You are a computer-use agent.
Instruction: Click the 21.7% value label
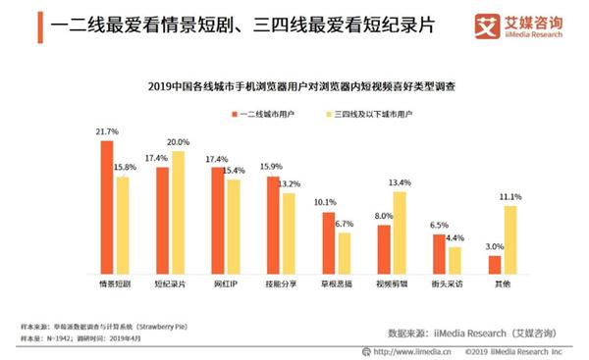[x=105, y=131]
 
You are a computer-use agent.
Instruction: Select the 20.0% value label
[x=178, y=142]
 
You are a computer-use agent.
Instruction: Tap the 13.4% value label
[x=401, y=182]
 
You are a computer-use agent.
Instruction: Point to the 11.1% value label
[x=511, y=197]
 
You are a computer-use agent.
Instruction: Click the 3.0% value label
[x=494, y=247]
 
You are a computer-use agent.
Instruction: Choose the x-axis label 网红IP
[x=226, y=283]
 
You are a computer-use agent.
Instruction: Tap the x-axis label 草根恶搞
[x=337, y=283]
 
